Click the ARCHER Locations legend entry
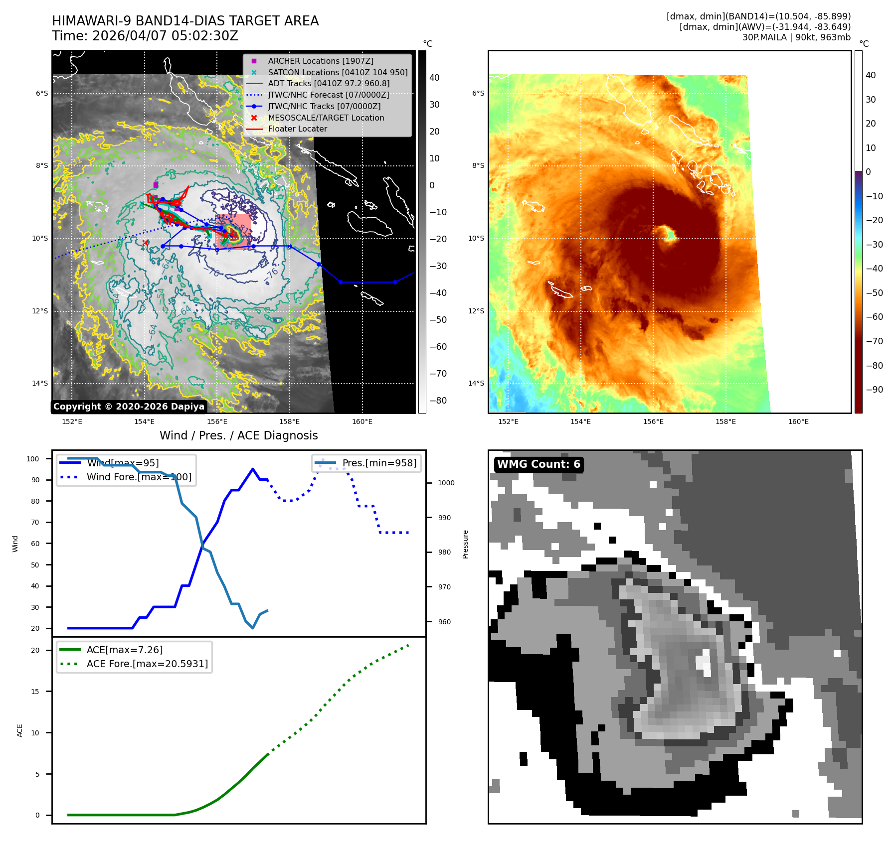click(x=320, y=61)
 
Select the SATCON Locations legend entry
click(x=338, y=72)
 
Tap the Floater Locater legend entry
click(x=297, y=129)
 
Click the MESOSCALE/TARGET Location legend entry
click(x=326, y=118)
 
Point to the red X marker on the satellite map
click(x=145, y=243)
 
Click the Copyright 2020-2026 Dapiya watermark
click(x=129, y=407)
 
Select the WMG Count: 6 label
click(x=538, y=464)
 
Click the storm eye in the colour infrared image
click(x=665, y=232)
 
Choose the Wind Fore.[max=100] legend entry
click(x=139, y=477)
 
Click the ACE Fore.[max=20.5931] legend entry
click(x=147, y=664)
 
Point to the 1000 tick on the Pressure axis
click(x=446, y=483)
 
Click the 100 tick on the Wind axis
click(x=33, y=459)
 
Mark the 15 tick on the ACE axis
click(x=35, y=692)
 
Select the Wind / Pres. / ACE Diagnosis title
click(x=238, y=435)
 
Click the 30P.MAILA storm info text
click(x=796, y=37)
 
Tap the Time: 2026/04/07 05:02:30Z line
click(x=145, y=36)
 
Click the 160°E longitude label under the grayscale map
click(x=362, y=421)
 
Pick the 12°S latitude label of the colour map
click(x=476, y=311)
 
